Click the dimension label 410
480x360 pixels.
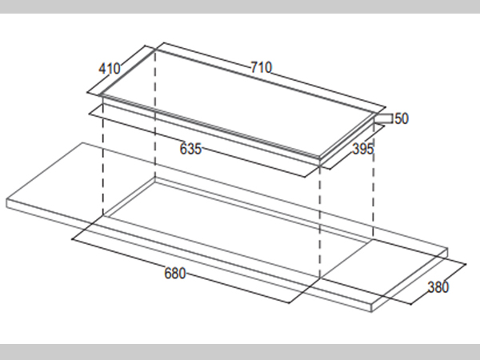pyautogui.click(x=110, y=69)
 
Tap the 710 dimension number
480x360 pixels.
pyautogui.click(x=261, y=67)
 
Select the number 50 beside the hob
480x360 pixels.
pyautogui.click(x=402, y=118)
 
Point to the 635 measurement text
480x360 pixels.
pyautogui.click(x=190, y=149)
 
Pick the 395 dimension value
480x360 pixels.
pyautogui.click(x=363, y=149)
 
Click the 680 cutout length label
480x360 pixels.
pyautogui.click(x=174, y=273)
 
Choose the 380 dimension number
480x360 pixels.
pyautogui.click(x=438, y=287)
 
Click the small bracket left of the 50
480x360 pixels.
pyautogui.click(x=383, y=118)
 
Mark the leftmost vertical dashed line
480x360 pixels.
pyautogui.click(x=103, y=156)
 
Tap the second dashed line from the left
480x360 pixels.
pyautogui.click(x=155, y=114)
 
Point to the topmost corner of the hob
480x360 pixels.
pyautogui.click(x=155, y=49)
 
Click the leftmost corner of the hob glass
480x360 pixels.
pyautogui.click(x=100, y=95)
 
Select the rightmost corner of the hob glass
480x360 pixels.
pyautogui.click(x=376, y=113)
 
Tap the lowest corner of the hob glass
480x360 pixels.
pyautogui.click(x=319, y=158)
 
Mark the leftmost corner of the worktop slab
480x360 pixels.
pyautogui.click(x=6, y=201)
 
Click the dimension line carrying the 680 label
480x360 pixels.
pyautogui.click(x=181, y=271)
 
